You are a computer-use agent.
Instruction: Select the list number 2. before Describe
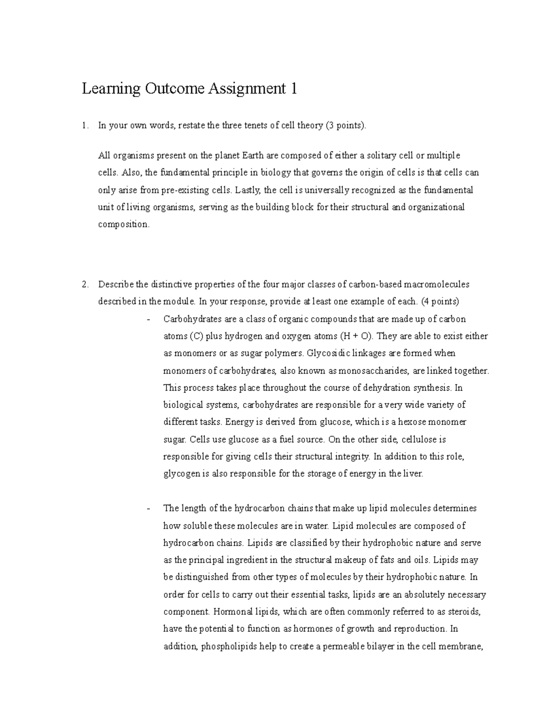(x=84, y=284)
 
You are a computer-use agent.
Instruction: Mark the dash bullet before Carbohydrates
(x=148, y=319)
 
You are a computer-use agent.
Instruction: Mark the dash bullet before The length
(x=148, y=509)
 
